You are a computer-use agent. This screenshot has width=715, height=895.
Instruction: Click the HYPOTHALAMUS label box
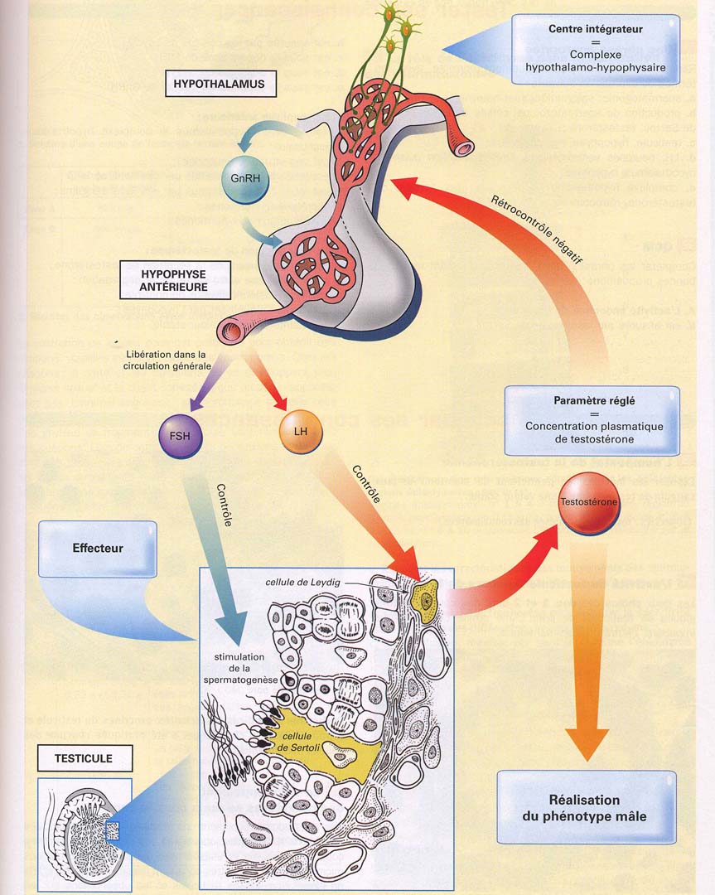tap(220, 84)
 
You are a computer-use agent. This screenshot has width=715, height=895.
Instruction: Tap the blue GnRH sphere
tap(240, 178)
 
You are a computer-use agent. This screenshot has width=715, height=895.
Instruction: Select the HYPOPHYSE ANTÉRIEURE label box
tap(174, 281)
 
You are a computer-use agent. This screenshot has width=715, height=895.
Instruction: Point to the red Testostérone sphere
tap(589, 503)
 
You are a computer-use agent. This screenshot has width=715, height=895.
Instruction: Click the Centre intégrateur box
tap(595, 48)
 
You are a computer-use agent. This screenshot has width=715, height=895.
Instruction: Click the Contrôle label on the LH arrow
tap(367, 484)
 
